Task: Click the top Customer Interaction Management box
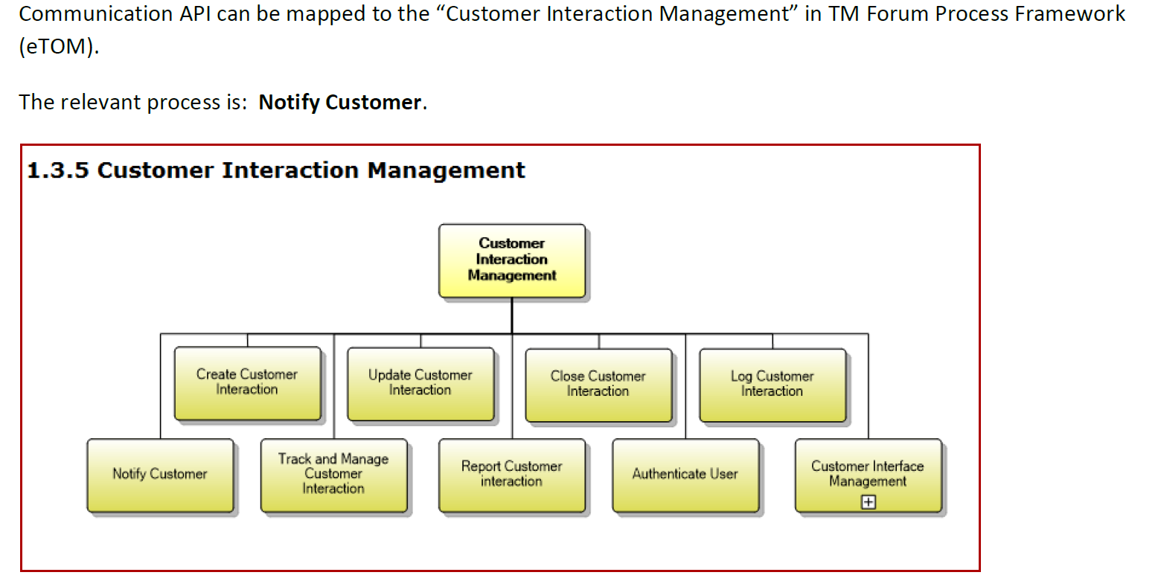[511, 260]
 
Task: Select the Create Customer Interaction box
[247, 383]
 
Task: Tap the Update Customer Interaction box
[420, 383]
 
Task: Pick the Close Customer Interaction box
[598, 384]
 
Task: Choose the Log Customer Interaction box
[772, 384]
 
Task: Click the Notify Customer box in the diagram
[160, 475]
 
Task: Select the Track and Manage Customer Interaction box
[333, 475]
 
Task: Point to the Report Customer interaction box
[511, 475]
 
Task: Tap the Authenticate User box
[685, 475]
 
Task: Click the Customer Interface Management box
[867, 469]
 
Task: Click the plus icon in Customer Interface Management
[868, 503]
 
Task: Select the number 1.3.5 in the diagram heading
[58, 170]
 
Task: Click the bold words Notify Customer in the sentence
[340, 102]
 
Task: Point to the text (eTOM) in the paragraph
[57, 48]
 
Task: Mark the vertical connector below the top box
[512, 316]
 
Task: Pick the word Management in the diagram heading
[447, 170]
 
